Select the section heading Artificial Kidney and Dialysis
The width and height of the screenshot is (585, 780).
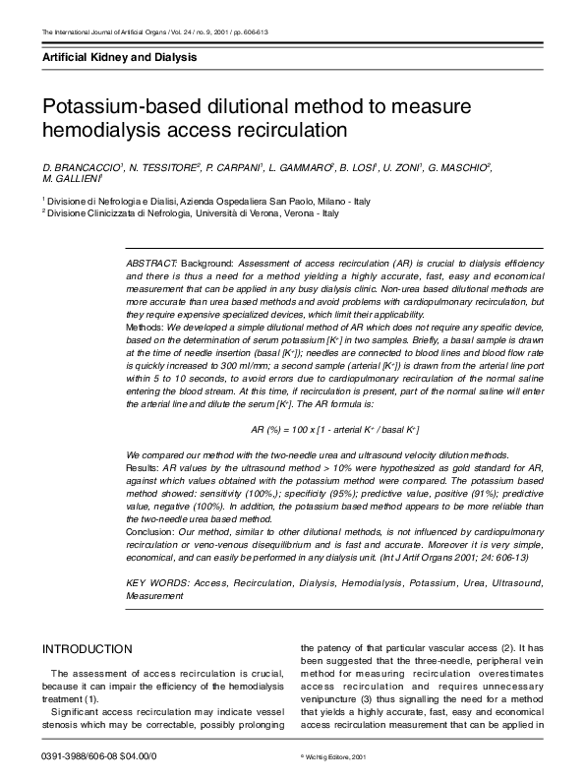coord(119,58)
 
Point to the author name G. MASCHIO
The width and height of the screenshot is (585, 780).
coord(461,169)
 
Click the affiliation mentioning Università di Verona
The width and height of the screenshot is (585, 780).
coord(193,212)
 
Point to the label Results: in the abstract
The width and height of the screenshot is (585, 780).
coord(144,468)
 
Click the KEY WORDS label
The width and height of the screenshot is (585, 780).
coord(156,583)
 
